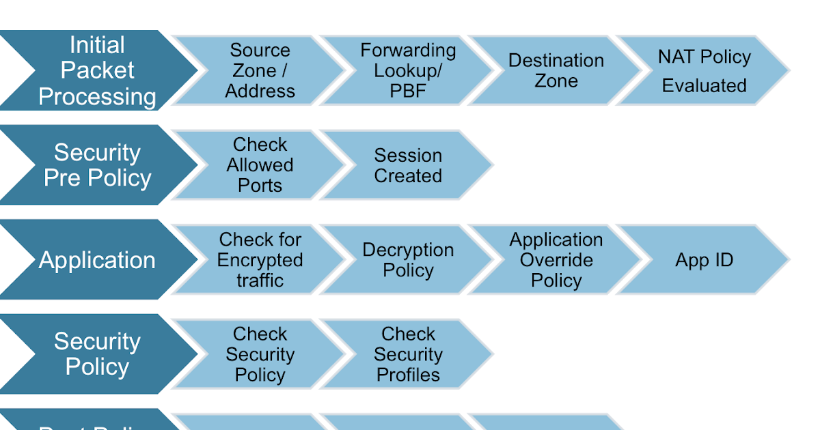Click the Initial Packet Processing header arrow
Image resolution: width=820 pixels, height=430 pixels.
tap(98, 70)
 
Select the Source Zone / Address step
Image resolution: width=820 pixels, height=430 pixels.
tap(260, 70)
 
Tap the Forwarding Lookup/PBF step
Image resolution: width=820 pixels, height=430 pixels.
tap(408, 70)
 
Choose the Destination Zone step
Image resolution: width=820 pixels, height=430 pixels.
tap(556, 70)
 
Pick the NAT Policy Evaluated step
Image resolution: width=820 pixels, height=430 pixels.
tap(704, 70)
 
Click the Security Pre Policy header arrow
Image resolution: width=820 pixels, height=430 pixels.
tap(98, 165)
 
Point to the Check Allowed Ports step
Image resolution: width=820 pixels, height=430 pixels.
tap(260, 165)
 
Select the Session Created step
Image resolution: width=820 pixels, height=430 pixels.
tap(408, 165)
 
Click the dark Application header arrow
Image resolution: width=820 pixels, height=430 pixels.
tap(98, 260)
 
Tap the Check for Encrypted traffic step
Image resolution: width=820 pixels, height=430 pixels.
tap(260, 260)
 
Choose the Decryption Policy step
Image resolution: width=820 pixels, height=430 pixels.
tap(408, 260)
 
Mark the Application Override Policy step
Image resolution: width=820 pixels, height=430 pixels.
tap(556, 260)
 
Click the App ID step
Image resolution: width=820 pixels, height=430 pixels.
tap(704, 260)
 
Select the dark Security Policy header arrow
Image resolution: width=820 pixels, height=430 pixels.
tap(98, 354)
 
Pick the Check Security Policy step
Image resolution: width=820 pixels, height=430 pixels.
tap(260, 354)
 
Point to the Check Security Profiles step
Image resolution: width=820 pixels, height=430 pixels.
tap(408, 354)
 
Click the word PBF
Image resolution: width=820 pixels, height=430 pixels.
tap(408, 91)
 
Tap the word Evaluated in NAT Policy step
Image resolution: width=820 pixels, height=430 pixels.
tap(704, 86)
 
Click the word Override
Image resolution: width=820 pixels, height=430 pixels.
tap(556, 260)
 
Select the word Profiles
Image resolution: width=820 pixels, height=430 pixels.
tap(408, 375)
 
